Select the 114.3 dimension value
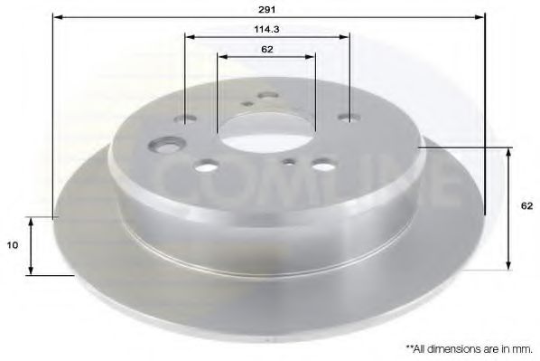click(265, 28)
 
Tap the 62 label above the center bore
click(266, 49)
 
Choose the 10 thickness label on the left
click(13, 245)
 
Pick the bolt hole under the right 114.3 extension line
click(348, 117)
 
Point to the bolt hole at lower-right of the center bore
click(321, 166)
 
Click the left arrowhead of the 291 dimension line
click(57, 16)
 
